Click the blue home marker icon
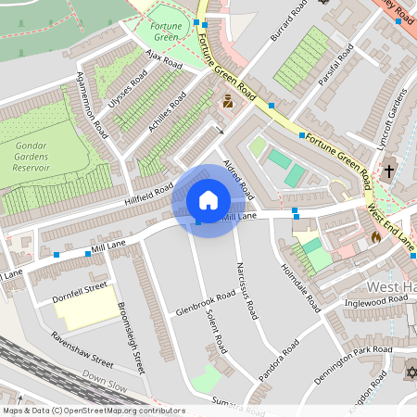click(x=208, y=200)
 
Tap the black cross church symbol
click(x=389, y=171)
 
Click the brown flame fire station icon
click(x=376, y=238)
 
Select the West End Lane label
click(x=391, y=228)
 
